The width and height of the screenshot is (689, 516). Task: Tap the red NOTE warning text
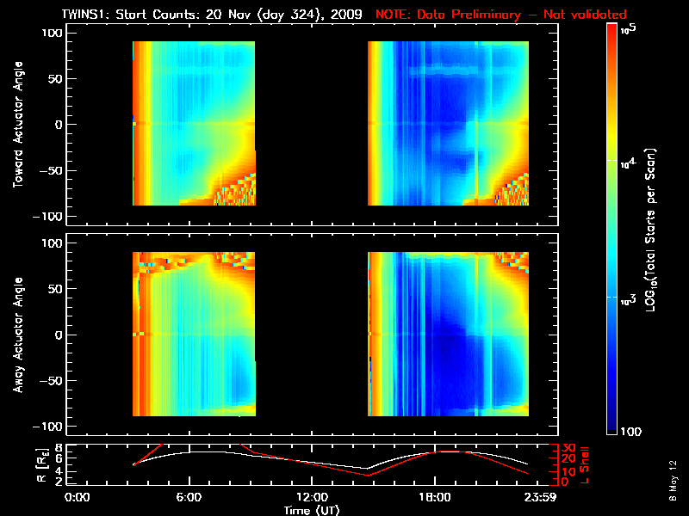(x=501, y=14)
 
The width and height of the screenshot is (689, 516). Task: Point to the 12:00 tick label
(x=312, y=496)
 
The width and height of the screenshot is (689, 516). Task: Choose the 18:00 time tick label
(x=434, y=496)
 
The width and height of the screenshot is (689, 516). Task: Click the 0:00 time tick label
(x=78, y=496)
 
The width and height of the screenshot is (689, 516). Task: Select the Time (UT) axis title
(x=312, y=509)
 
